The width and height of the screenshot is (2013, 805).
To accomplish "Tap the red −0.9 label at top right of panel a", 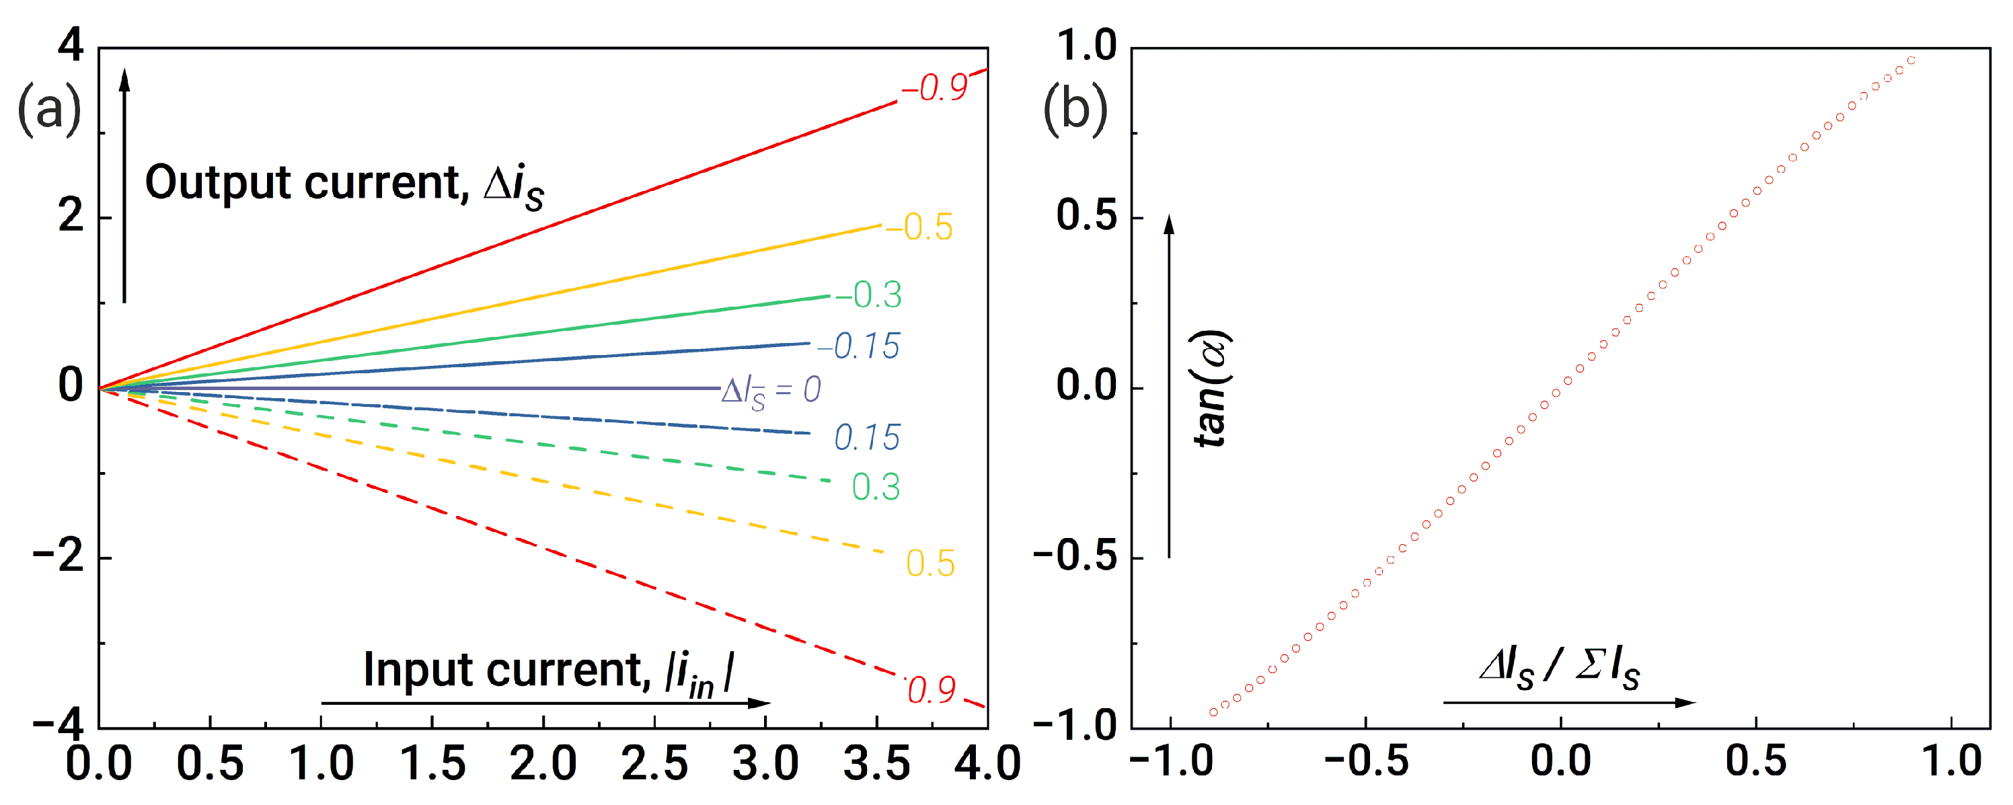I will pyautogui.click(x=935, y=87).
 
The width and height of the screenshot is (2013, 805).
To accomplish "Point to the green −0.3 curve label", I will pyautogui.click(x=869, y=295).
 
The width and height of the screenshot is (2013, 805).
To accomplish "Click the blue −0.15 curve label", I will pyautogui.click(x=859, y=346).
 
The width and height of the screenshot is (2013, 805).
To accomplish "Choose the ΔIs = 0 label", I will pyautogui.click(x=771, y=389).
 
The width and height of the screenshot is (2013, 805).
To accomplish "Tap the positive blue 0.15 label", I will pyautogui.click(x=867, y=438).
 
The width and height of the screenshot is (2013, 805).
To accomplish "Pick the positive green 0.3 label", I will pyautogui.click(x=875, y=487).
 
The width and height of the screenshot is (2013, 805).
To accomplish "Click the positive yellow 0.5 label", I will pyautogui.click(x=930, y=564).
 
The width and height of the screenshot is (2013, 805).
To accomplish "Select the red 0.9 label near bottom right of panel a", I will pyautogui.click(x=931, y=689).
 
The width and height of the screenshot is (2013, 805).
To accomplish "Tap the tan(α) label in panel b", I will pyautogui.click(x=1211, y=389).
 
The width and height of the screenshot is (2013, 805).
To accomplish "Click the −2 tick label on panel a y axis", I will pyautogui.click(x=59, y=558).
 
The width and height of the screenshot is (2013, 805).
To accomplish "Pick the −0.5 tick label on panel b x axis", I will pyautogui.click(x=1366, y=762).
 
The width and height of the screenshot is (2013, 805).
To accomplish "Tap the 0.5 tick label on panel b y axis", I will pyautogui.click(x=1086, y=217).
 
